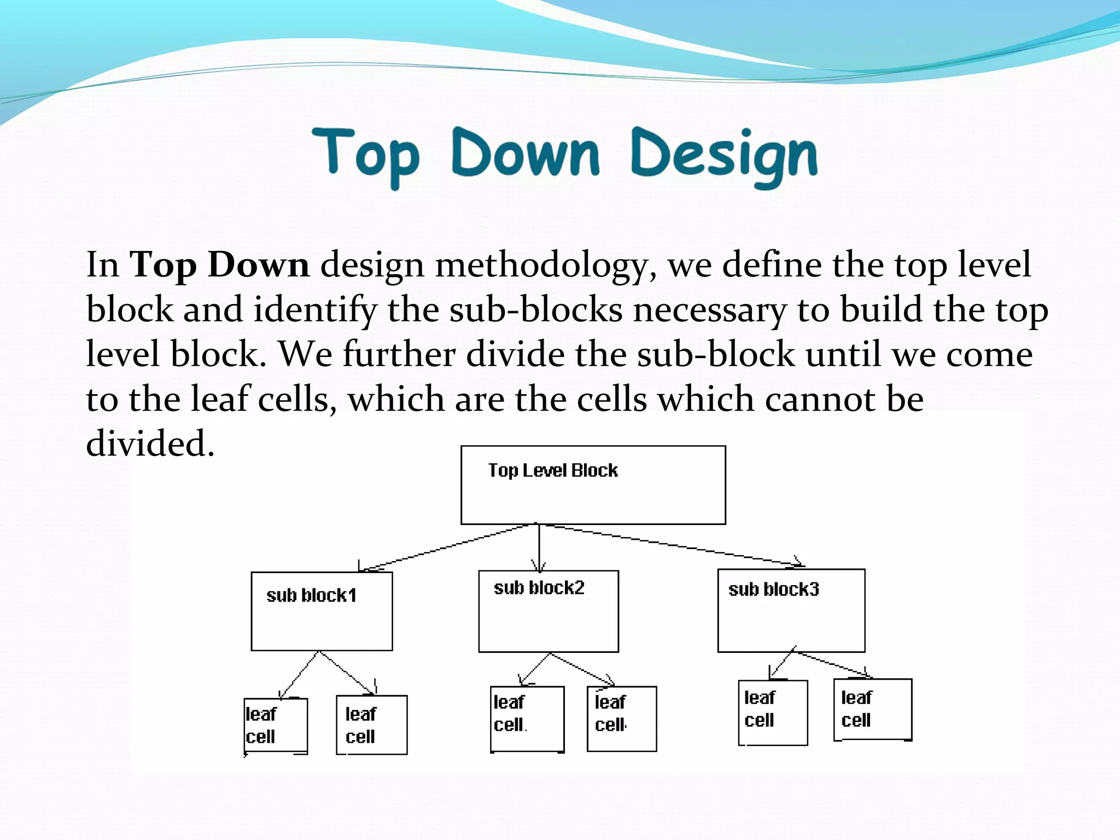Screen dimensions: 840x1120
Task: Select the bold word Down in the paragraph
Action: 259,265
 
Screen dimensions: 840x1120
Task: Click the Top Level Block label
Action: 552,470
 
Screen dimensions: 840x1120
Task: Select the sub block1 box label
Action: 311,595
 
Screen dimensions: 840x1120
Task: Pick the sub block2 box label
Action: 539,588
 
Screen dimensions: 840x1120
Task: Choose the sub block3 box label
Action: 773,590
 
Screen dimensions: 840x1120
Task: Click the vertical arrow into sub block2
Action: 539,547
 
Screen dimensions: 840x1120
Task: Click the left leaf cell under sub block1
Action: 276,726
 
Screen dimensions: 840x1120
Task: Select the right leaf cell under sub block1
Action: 371,725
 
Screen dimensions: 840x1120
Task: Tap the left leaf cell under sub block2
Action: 527,719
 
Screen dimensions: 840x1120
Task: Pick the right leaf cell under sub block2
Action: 621,719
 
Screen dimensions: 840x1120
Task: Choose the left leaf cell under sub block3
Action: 772,713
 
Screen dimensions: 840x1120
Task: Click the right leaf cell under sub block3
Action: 872,709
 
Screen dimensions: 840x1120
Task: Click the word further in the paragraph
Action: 399,354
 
